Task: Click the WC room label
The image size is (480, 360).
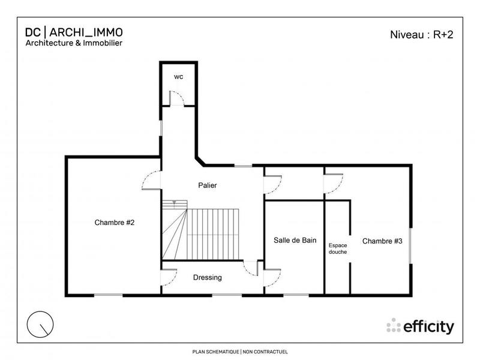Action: click(178, 77)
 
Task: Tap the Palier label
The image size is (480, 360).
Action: click(207, 185)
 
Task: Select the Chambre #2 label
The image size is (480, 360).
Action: click(114, 223)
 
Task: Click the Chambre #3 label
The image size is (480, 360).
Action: click(382, 241)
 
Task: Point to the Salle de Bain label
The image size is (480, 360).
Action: click(295, 241)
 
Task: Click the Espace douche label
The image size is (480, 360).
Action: click(337, 248)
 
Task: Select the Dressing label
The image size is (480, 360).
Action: click(208, 278)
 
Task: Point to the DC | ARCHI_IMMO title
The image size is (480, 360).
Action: click(74, 32)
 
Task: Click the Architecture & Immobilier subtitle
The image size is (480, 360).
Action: click(73, 43)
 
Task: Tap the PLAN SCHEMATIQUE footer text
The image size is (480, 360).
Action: click(240, 351)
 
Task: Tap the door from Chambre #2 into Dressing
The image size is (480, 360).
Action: click(169, 278)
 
